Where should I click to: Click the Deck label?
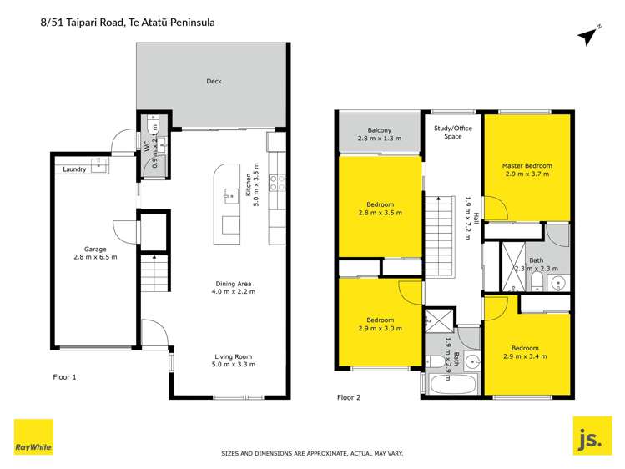[214, 82]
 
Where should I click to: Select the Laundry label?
[74, 169]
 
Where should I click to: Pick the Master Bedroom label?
[527, 166]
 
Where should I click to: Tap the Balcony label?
[379, 130]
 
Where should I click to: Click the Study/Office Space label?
[452, 131]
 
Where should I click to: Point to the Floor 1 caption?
[63, 377]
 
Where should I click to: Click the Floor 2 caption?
[348, 397]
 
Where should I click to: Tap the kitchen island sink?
[227, 197]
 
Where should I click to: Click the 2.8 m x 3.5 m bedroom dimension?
[380, 213]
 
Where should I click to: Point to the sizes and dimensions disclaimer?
[312, 453]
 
